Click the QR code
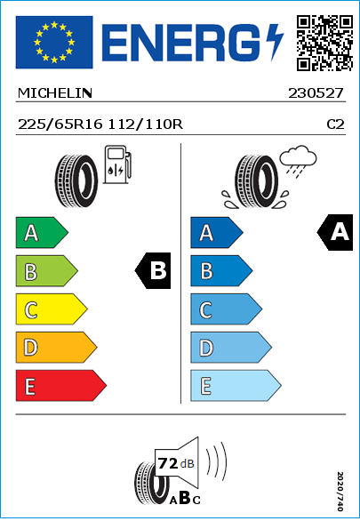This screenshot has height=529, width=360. (x=324, y=43)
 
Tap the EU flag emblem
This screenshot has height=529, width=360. (x=54, y=42)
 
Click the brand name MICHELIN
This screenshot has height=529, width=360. (x=54, y=93)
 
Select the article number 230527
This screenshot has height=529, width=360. (x=316, y=93)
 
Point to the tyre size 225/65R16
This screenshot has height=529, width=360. (x=60, y=124)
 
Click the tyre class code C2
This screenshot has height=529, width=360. (x=336, y=124)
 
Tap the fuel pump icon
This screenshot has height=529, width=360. (x=117, y=164)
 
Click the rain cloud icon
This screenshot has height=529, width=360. (x=298, y=161)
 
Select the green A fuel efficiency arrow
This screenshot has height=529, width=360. (x=42, y=232)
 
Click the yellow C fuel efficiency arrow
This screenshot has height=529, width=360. (x=52, y=309)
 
